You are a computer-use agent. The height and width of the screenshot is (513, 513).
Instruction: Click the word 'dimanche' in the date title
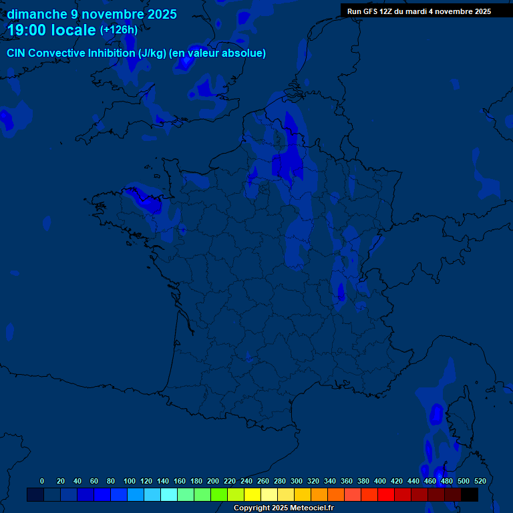[x=37, y=14]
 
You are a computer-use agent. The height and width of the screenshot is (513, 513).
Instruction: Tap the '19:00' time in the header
[x=27, y=31]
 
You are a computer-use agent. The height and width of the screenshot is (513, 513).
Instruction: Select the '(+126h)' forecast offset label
[x=119, y=30]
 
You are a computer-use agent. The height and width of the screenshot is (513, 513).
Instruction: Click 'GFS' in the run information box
[x=375, y=11]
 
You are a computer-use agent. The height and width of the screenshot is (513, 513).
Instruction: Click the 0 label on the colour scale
[x=42, y=481]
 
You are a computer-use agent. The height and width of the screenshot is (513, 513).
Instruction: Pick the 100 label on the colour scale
[x=129, y=481]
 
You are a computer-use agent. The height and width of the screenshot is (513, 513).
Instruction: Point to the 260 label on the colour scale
[x=263, y=481]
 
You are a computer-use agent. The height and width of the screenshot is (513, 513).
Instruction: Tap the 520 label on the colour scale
[x=480, y=481]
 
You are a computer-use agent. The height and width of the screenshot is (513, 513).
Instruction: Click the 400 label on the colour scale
[x=380, y=481]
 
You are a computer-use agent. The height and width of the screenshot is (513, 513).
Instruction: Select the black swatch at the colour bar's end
[x=470, y=495]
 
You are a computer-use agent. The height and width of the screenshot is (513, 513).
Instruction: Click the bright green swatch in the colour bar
[x=219, y=495]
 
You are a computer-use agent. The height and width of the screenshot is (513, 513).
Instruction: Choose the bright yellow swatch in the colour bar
[x=252, y=495]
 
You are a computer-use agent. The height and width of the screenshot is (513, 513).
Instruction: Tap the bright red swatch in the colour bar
[x=386, y=495]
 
